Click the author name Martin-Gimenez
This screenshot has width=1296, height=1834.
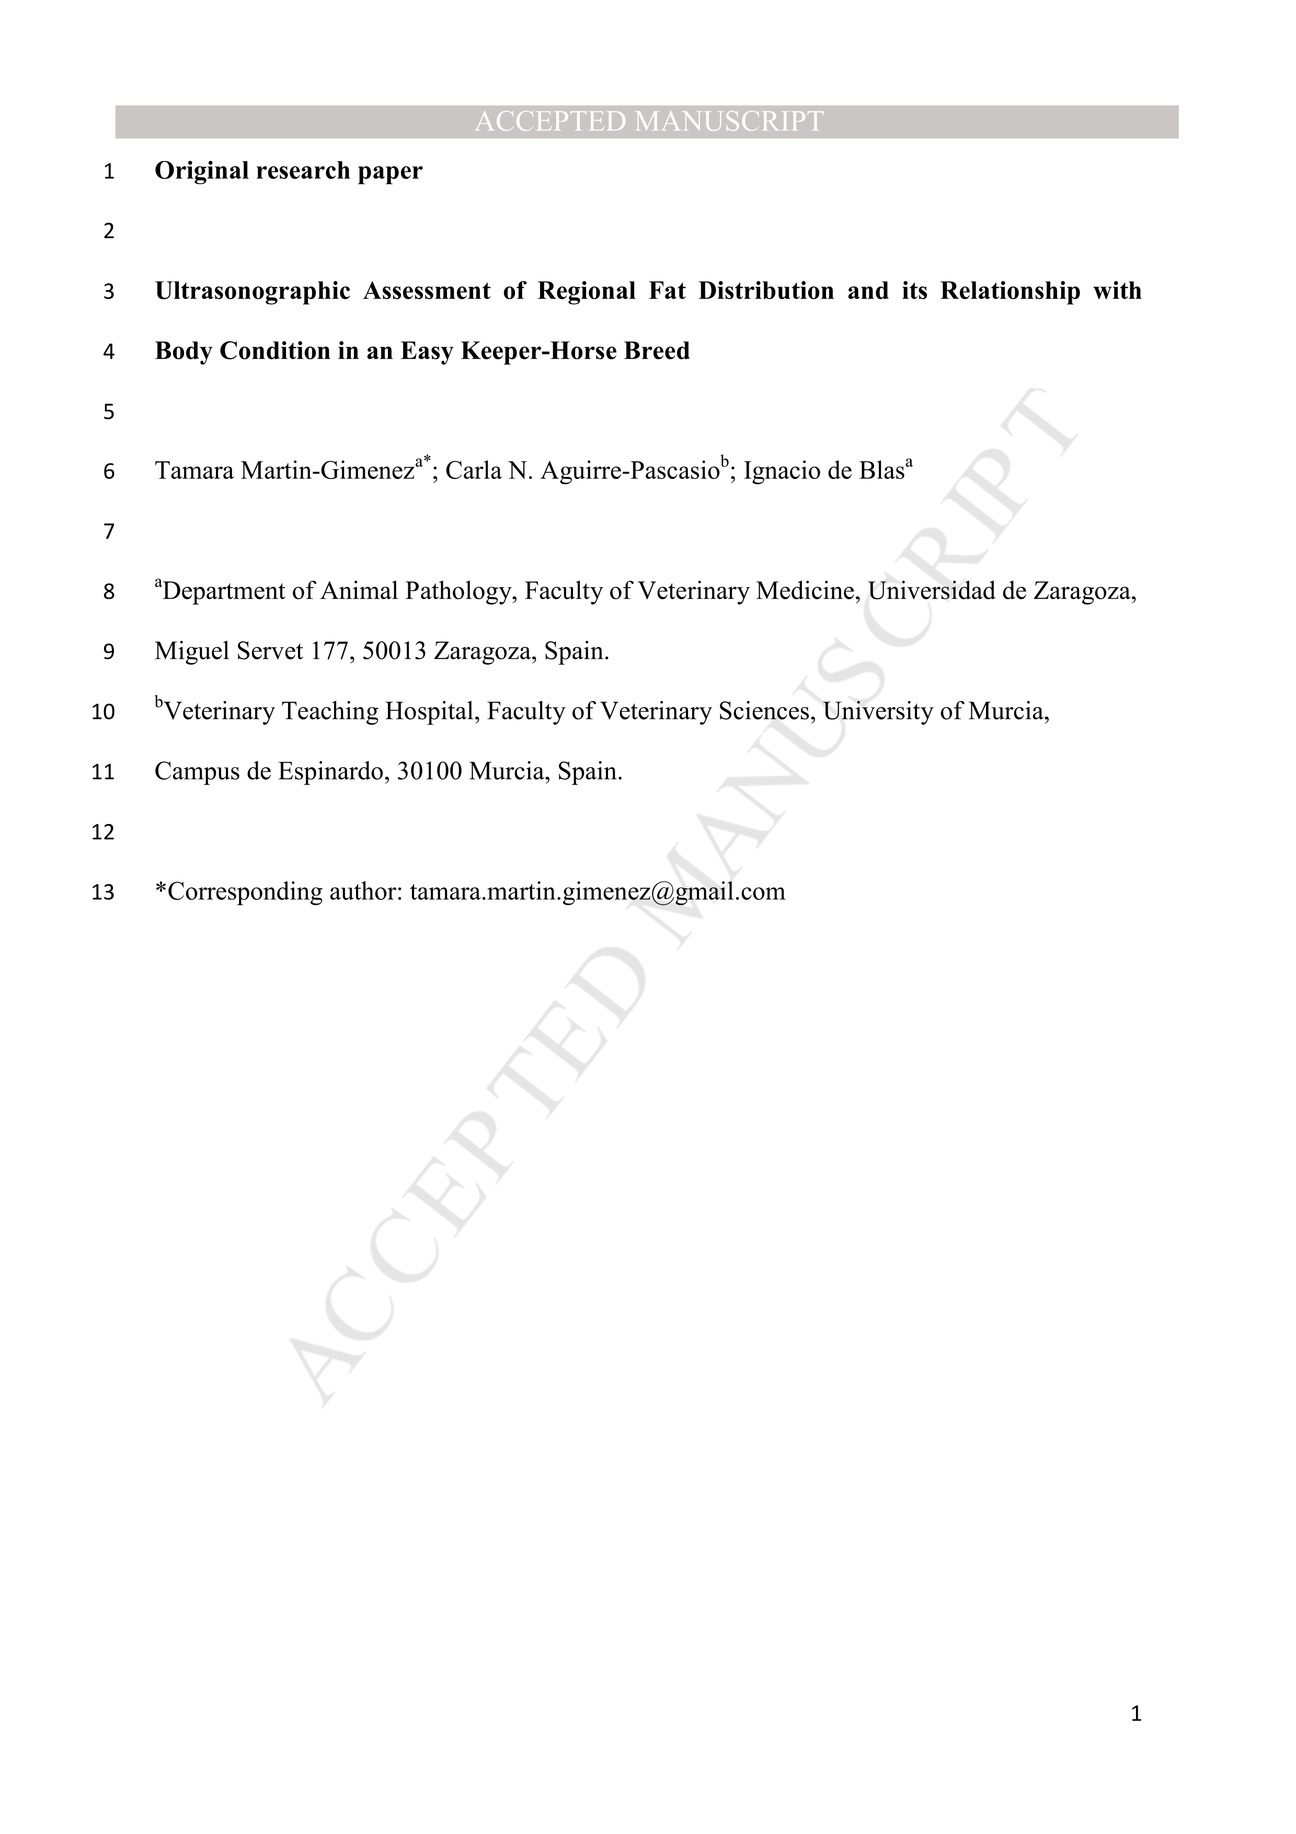click(327, 471)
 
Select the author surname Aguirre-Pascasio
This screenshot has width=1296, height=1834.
click(630, 471)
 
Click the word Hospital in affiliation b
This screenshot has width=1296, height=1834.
click(436, 712)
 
